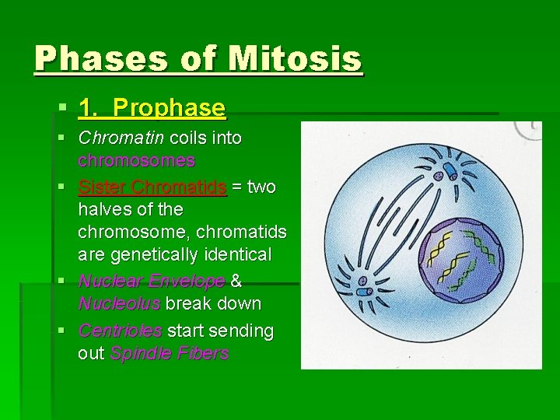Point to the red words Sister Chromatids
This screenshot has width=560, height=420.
point(152,187)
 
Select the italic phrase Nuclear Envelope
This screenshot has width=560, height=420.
point(152,281)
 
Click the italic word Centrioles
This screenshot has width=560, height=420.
point(120,331)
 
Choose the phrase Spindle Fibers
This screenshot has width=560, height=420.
point(170,354)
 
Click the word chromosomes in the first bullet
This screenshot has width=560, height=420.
point(136,161)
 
